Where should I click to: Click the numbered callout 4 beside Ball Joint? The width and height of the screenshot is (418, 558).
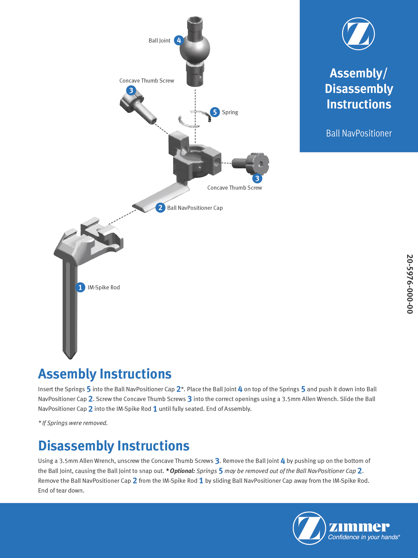(x=179, y=40)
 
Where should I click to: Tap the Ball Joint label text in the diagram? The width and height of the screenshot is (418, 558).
(x=159, y=41)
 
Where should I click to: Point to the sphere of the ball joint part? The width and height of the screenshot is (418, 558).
(x=195, y=49)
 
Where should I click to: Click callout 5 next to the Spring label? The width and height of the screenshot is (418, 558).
(x=215, y=112)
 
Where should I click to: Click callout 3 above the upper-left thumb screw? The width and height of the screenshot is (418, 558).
(x=131, y=90)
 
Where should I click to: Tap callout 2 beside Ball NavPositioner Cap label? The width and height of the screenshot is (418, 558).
(x=160, y=208)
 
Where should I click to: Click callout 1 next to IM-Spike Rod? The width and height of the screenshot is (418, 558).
(x=80, y=287)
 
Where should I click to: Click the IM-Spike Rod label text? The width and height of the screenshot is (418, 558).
(x=103, y=287)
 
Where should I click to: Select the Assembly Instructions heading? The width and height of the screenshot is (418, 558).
(x=105, y=374)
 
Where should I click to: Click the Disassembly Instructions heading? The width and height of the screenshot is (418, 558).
(x=114, y=446)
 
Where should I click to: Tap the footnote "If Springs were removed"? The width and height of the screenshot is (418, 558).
(x=73, y=423)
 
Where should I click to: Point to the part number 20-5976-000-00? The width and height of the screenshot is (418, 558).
(x=410, y=284)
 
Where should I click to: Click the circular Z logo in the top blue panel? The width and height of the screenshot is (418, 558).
(x=358, y=34)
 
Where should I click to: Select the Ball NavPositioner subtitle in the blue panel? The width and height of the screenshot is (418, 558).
(x=359, y=133)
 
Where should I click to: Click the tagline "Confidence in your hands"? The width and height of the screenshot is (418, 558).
(x=364, y=537)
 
